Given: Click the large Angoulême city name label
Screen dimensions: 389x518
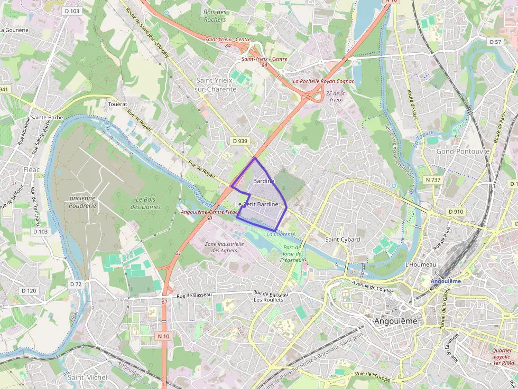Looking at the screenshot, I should (x=395, y=321).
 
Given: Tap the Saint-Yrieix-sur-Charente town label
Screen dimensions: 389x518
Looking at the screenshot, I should (x=216, y=84).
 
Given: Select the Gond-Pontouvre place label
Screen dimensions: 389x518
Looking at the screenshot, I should (x=463, y=151).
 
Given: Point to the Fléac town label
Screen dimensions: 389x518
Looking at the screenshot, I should (x=32, y=169).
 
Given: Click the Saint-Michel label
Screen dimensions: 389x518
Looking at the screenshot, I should (x=87, y=377).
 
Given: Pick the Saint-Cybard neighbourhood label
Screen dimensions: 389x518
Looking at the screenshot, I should (x=343, y=239).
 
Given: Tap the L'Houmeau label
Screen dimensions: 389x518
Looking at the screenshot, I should (x=421, y=264).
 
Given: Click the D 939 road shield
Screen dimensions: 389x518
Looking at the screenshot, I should (x=239, y=141).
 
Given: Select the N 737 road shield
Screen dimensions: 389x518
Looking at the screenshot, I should (x=433, y=180).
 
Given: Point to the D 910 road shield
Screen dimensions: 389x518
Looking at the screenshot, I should (x=456, y=212).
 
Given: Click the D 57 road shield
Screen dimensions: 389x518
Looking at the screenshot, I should (x=495, y=41).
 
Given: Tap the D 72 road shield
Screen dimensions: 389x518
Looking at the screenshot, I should (x=76, y=284).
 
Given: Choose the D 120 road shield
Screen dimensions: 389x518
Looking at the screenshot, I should (x=29, y=291).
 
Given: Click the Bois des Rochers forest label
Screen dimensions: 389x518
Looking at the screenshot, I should (x=215, y=16).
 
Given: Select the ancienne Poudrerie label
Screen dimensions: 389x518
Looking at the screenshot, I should (x=82, y=202).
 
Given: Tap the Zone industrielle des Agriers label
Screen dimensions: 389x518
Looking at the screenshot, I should (x=224, y=247).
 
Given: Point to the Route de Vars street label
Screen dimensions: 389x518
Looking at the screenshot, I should (x=411, y=105).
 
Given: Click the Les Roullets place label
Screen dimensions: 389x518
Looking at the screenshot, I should (x=269, y=300).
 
